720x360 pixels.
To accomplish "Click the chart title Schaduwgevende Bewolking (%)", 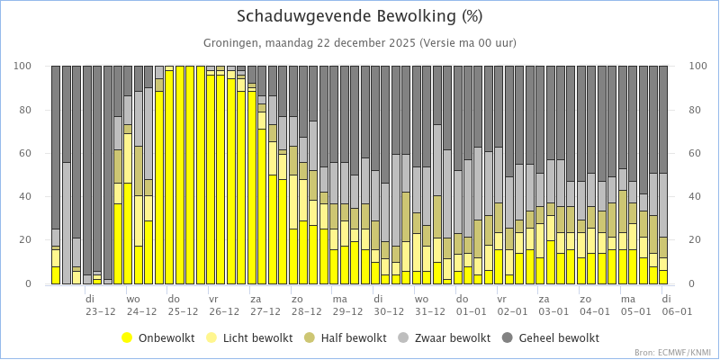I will (359, 16).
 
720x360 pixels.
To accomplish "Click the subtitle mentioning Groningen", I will (359, 42).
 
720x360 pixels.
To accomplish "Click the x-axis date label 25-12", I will (183, 311).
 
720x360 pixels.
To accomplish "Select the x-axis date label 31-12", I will (429, 311).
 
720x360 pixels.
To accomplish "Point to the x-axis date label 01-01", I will (470, 311).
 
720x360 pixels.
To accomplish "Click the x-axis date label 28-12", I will (306, 311).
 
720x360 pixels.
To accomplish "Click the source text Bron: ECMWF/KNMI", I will (672, 352).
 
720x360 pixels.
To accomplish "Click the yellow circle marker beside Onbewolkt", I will (127, 337).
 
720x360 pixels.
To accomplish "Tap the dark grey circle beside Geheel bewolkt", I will (506, 337).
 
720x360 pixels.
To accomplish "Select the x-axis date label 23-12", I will (101, 311).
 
